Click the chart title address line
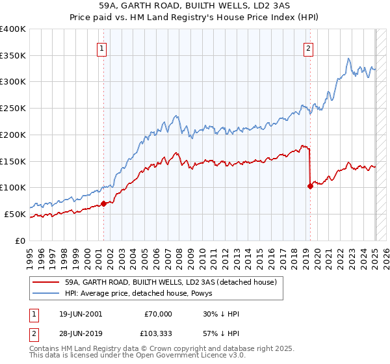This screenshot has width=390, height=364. pyautogui.click(x=194, y=5)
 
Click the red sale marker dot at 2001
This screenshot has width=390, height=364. pyautogui.click(x=103, y=203)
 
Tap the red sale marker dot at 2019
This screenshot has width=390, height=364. pyautogui.click(x=310, y=186)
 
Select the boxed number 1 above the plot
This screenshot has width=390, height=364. pyautogui.click(x=103, y=47)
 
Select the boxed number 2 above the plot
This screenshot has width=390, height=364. pyautogui.click(x=308, y=47)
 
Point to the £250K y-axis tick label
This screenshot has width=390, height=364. pyautogui.click(x=13, y=108)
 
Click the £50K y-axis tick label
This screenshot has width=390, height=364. pyautogui.click(x=15, y=214)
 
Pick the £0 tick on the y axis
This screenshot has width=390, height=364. pyautogui.click(x=21, y=240)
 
